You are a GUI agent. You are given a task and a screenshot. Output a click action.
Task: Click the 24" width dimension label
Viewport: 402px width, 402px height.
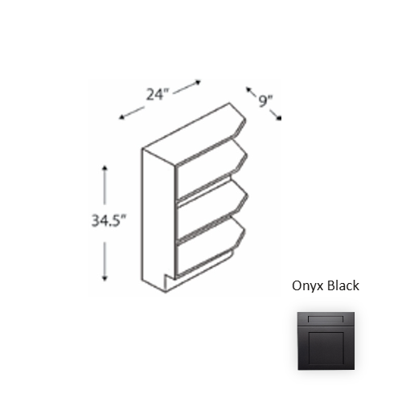tap(158, 94)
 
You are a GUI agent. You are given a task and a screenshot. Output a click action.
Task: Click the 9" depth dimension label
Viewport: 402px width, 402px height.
tap(265, 101)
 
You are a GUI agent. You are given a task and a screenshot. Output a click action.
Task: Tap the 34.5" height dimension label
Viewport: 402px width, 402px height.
tap(109, 221)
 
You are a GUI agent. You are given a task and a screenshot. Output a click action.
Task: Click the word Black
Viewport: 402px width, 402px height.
tap(343, 285)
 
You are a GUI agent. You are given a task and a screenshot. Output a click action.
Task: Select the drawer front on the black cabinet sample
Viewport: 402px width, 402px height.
tap(326, 319)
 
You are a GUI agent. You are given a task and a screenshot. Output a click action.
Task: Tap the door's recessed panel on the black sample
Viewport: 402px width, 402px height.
tap(326, 348)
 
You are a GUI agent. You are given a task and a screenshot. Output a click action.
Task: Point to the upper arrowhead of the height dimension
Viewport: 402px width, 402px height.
tap(105, 168)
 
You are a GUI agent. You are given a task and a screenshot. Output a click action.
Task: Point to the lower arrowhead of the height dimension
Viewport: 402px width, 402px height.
tap(105, 278)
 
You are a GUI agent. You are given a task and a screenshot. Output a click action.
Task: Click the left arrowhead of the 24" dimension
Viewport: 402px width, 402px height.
tap(122, 117)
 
